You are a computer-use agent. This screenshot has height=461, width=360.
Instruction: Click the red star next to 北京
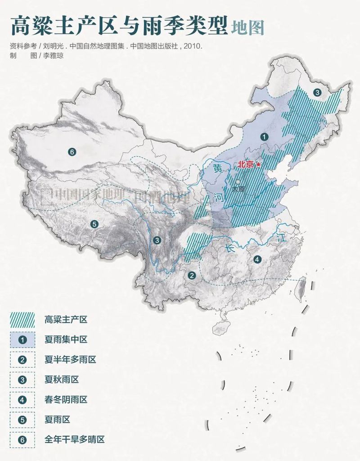coord(258,165)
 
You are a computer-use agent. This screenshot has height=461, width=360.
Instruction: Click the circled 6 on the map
coord(72,152)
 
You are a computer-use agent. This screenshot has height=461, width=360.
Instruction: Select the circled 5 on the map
coord(94,224)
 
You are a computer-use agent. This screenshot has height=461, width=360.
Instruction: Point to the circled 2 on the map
coord(192,276)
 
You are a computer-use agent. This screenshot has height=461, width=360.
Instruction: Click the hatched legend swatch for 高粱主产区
coord(22,320)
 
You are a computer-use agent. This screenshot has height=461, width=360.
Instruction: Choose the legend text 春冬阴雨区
coord(66,399)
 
